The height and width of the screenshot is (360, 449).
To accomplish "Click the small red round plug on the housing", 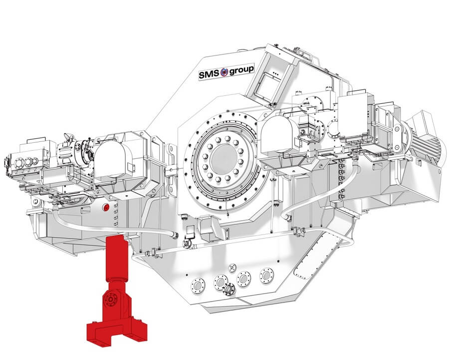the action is coord(106,207).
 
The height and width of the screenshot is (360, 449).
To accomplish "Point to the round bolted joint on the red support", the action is coord(111,300).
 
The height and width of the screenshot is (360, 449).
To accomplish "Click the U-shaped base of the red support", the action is coord(117,333).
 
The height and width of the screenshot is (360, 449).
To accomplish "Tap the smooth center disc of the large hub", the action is coord(224,158).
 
